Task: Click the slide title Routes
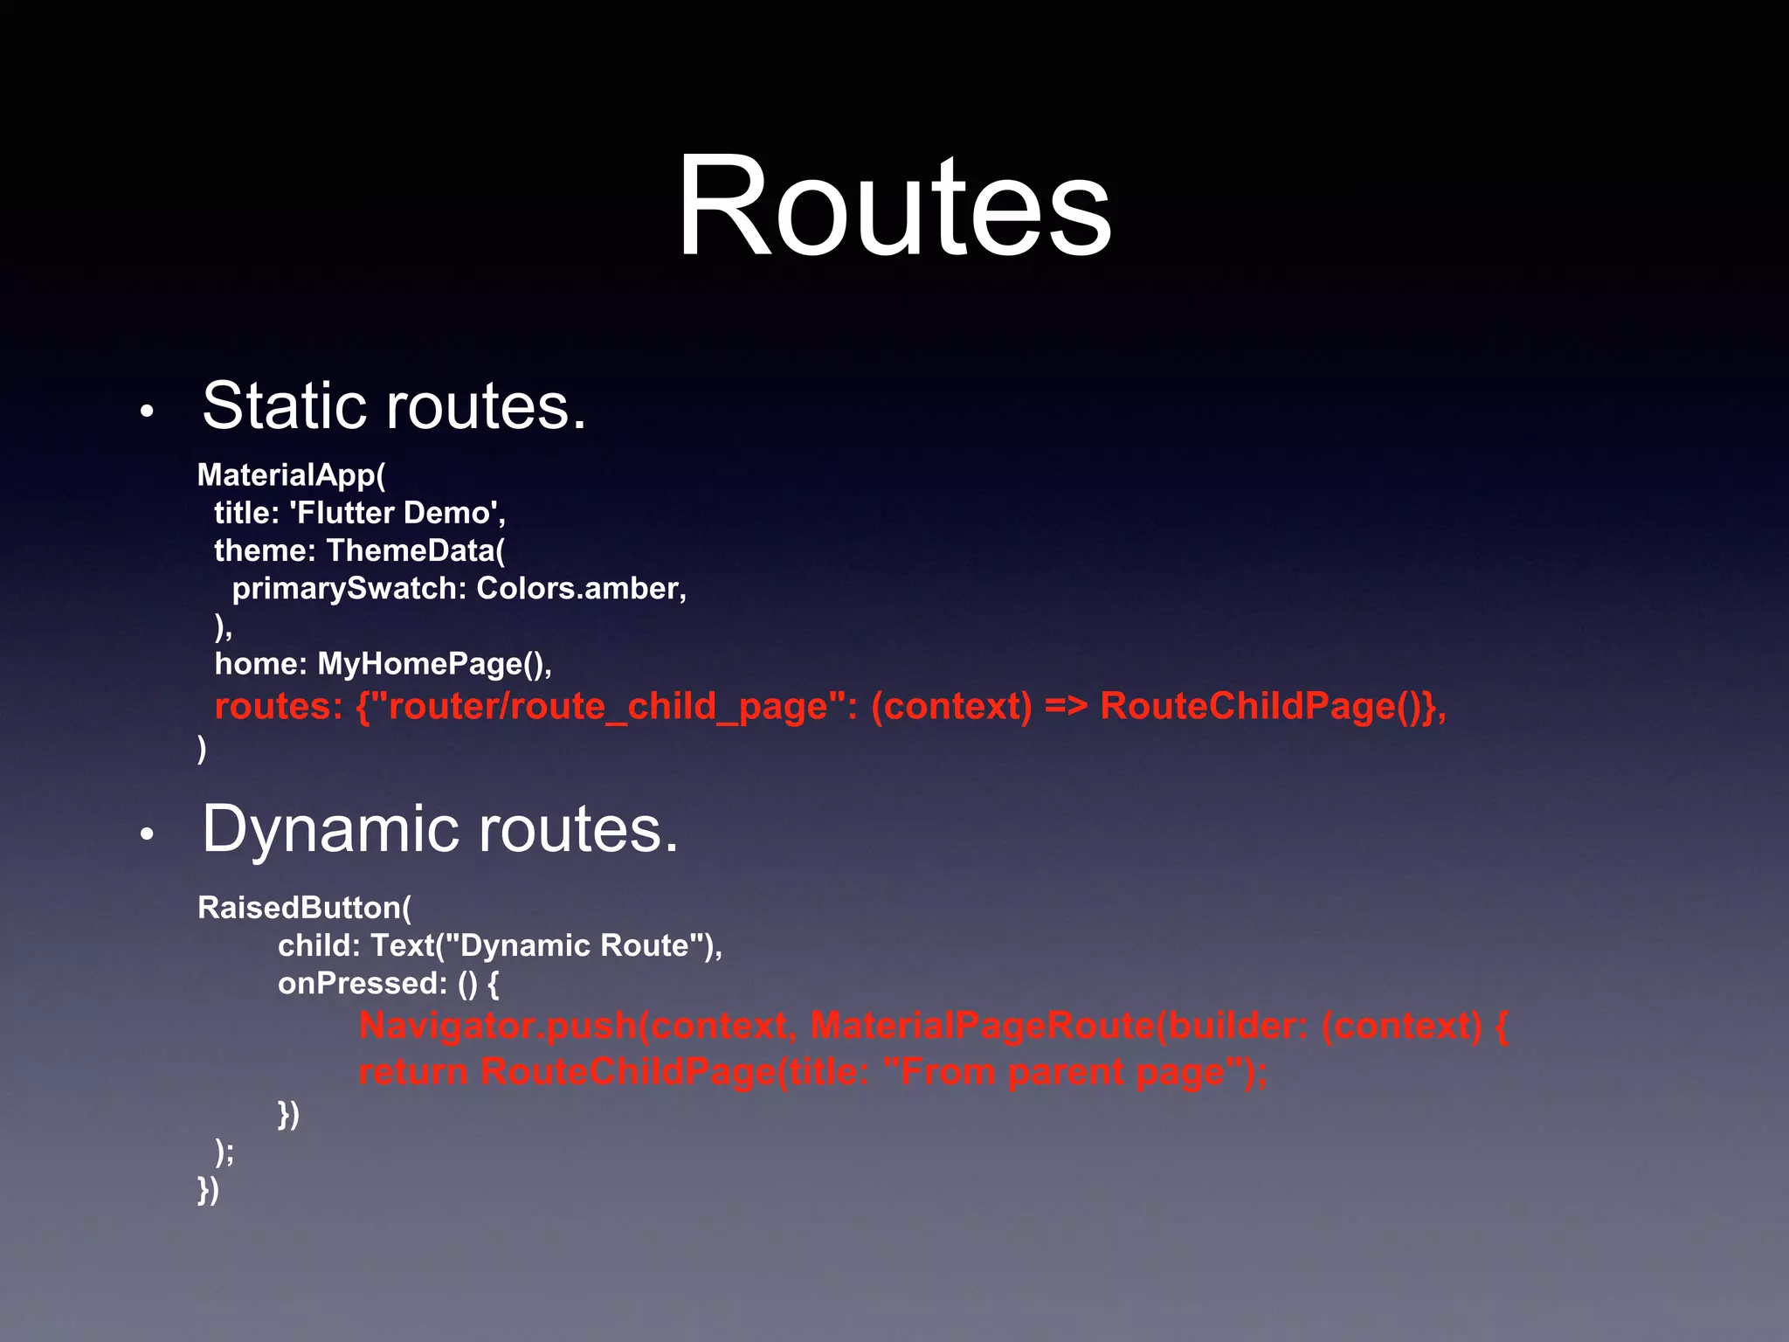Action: (894, 206)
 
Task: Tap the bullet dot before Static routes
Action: (147, 411)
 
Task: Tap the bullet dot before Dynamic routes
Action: (147, 834)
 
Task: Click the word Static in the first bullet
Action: (285, 406)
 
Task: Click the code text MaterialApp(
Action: (291, 475)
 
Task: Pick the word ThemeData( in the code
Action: (416, 550)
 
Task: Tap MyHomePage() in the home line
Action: (432, 664)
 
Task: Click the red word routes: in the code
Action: (279, 706)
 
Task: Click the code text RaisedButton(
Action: (304, 908)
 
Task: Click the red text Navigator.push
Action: (498, 1026)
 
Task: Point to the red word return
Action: (413, 1072)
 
